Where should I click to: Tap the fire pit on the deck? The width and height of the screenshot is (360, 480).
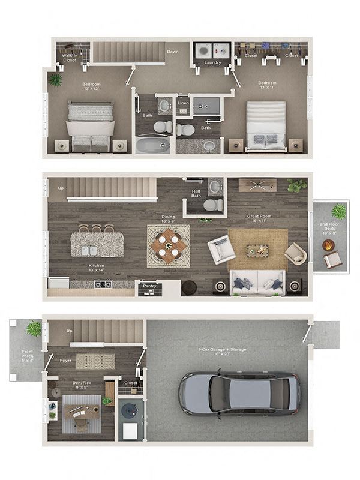pos(329,245)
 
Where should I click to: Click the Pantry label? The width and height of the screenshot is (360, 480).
pos(148,287)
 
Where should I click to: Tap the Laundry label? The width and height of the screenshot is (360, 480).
pos(212,62)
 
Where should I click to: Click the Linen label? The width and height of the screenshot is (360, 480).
pos(184,103)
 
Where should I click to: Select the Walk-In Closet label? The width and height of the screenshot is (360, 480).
pos(70,58)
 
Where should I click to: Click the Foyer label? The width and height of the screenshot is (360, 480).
pos(66,361)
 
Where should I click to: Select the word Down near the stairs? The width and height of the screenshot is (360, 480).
pos(172,52)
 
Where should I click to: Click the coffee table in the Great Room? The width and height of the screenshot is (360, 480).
pos(257,250)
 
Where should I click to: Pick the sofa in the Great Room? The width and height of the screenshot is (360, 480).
pos(257,281)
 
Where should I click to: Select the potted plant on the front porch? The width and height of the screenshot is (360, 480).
pos(34,328)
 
